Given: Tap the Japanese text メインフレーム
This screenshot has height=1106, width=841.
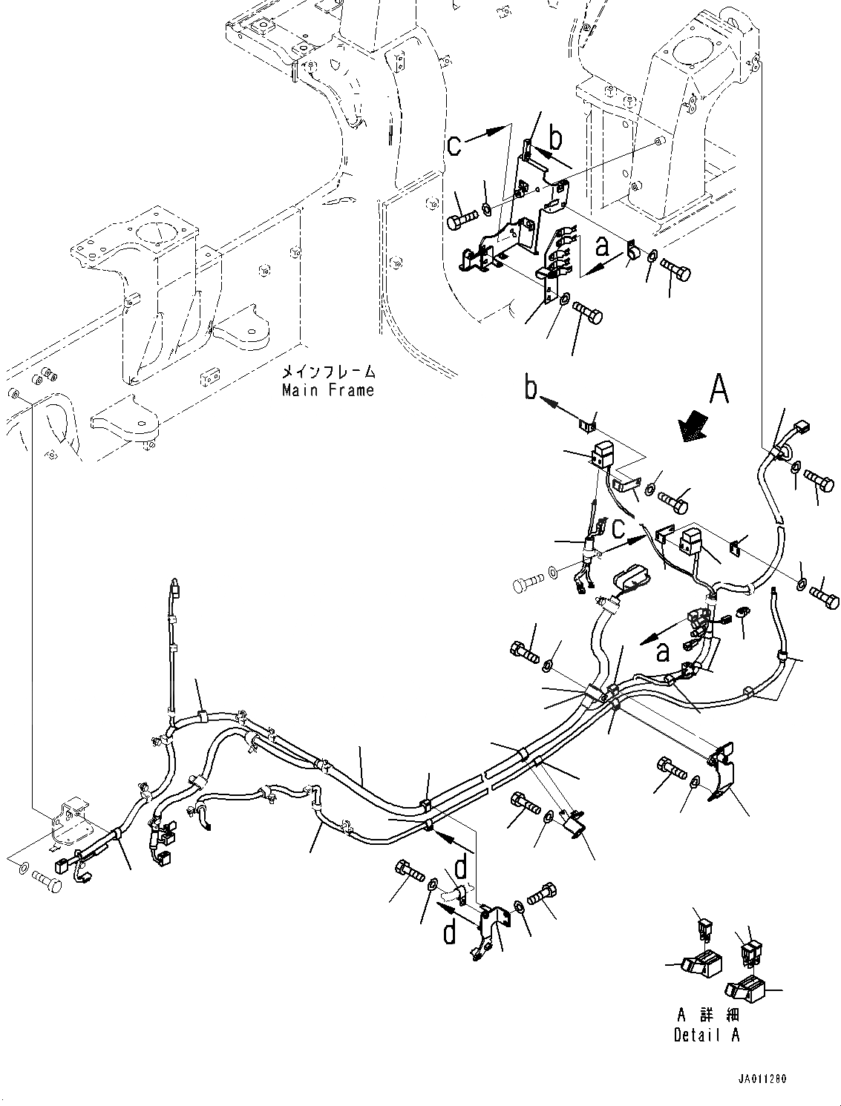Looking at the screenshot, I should tap(327, 372).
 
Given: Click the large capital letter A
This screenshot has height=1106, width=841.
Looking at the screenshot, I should tap(719, 389).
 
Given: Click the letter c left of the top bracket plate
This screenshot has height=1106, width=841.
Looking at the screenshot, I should tap(456, 145).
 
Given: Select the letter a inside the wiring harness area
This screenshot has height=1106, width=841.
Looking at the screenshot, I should tap(662, 651).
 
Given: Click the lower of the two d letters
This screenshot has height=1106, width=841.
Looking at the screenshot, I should tap(449, 932).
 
